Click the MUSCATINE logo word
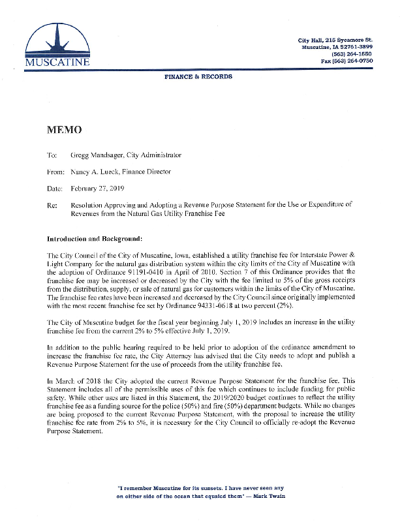tap(57, 62)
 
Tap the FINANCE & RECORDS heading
tap(198, 77)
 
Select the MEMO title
tap(65, 130)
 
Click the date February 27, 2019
tap(96, 188)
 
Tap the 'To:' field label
tap(52, 155)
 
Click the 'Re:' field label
tap(52, 204)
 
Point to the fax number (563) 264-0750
tap(357, 61)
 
